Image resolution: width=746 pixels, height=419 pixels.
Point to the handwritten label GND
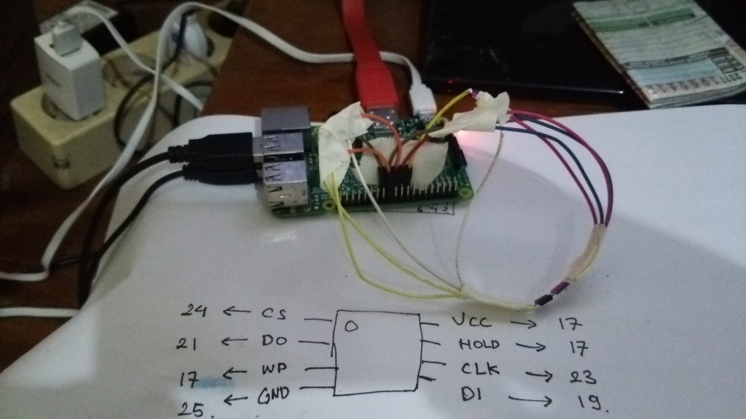(273, 396)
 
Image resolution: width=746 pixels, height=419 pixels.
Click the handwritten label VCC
(471, 321)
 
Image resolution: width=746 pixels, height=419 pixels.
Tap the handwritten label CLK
(480, 370)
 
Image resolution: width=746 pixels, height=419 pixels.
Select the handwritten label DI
(471, 395)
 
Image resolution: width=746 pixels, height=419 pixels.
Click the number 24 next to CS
(195, 311)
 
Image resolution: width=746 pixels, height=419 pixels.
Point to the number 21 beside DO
(192, 342)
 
